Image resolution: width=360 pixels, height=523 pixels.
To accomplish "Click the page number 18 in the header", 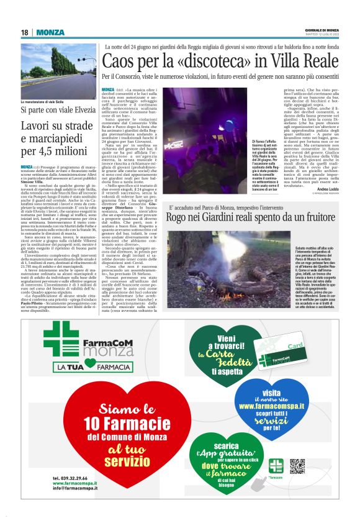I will pos(24,32).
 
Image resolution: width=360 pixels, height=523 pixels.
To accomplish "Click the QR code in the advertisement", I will pos(297,466).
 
